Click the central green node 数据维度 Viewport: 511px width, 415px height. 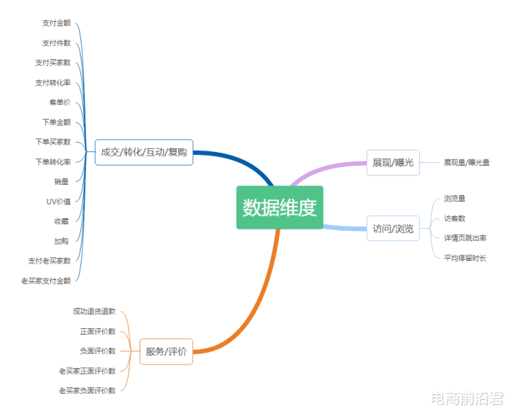[280, 207]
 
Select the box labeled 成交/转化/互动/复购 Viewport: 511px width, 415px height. [144, 153]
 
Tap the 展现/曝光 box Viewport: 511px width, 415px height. [393, 162]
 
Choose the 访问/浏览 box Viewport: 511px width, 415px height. [393, 229]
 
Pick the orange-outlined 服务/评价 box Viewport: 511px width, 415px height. [166, 351]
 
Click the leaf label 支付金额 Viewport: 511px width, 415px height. [56, 23]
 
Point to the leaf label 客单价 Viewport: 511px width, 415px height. [60, 102]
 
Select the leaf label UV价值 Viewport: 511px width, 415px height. [58, 202]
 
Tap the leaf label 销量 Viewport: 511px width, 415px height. [61, 181]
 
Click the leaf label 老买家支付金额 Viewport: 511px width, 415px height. [46, 281]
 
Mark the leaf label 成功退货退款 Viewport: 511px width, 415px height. [94, 311]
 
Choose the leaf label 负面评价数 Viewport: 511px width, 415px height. [98, 351]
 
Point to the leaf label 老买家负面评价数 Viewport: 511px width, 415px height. [88, 390]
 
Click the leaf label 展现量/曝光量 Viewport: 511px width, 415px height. [466, 162]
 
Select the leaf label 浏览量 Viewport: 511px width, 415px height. [455, 198]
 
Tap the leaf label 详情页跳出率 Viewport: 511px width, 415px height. [466, 238]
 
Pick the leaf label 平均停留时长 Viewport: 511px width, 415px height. [465, 258]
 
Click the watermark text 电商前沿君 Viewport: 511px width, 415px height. [468, 398]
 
